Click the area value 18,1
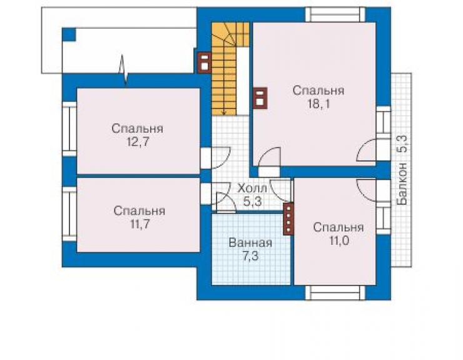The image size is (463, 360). coord(318,104)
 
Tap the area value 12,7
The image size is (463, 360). coord(138,142)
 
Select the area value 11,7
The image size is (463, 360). coord(140,224)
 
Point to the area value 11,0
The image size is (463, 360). coord(338,241)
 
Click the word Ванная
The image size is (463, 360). coord(250,243)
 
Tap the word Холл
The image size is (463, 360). coord(253,188)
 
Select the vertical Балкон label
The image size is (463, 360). coord(402,184)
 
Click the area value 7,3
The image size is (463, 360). coord(250,256)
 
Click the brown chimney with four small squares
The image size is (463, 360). coord(288,219)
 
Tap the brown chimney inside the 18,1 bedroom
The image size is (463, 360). coord(260,98)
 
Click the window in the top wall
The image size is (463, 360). coord(335,14)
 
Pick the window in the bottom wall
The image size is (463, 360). coord(335,293)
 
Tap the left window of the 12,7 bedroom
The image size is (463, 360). coord(69,129)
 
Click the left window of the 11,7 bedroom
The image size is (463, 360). coord(69,214)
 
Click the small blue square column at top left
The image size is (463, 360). coord(69,34)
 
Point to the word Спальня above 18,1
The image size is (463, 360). coord(318,91)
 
